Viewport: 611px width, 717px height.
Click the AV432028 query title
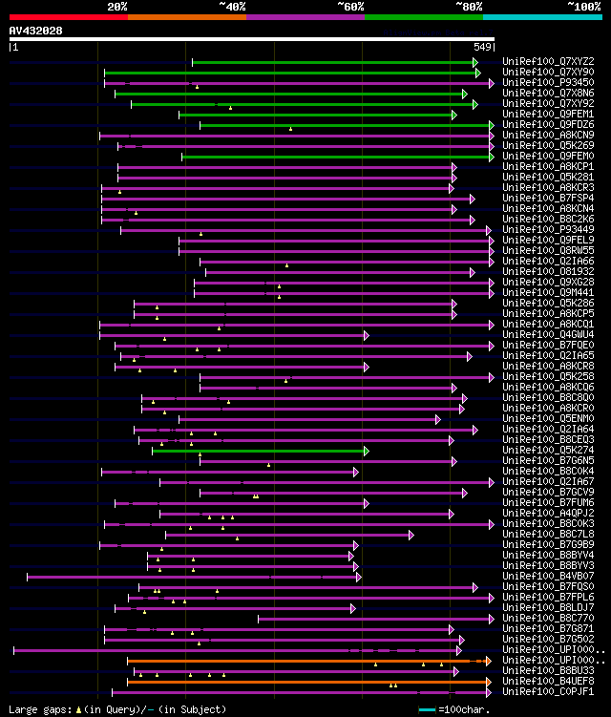36,31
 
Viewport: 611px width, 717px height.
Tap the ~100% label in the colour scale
583,6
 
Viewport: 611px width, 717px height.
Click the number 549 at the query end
482,47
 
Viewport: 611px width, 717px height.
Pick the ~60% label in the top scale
350,6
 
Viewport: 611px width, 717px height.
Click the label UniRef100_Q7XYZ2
546,62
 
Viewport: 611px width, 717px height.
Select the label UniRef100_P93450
546,83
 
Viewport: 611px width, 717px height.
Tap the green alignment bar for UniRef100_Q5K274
258,451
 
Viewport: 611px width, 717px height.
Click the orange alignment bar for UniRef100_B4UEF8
305,682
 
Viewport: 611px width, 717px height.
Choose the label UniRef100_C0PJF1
546,692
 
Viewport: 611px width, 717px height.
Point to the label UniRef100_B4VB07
546,577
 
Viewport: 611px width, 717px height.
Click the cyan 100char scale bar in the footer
428,709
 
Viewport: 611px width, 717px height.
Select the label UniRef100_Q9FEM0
546,157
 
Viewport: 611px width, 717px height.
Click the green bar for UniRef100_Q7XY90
286,73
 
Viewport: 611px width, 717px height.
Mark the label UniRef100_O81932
546,272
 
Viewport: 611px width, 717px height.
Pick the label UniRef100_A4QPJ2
546,514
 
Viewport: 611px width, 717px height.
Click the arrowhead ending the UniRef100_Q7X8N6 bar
465,94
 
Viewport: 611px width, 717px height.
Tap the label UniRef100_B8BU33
546,671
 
